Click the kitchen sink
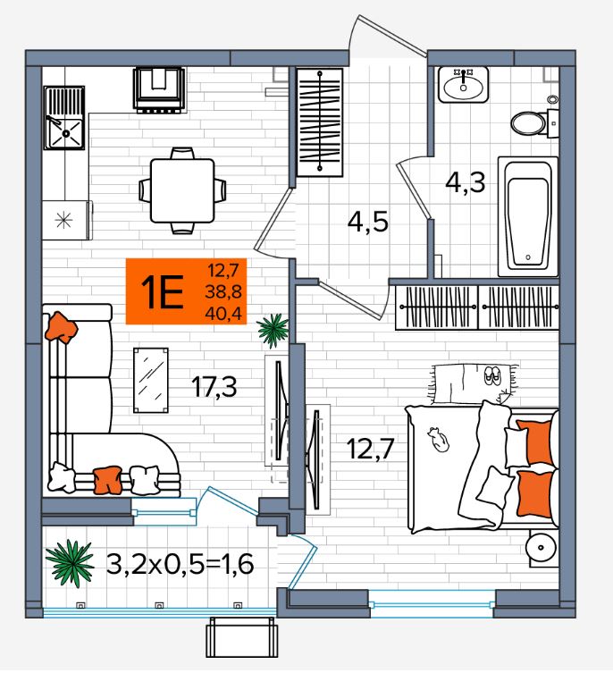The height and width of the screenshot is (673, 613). click(64, 118)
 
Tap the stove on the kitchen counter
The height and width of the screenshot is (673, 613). click(159, 89)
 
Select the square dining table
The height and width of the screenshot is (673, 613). click(182, 190)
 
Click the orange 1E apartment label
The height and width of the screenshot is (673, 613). click(186, 291)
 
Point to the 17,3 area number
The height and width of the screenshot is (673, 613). click(214, 387)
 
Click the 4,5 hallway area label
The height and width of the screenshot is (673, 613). click(368, 223)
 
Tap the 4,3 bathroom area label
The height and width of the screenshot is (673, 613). click(466, 182)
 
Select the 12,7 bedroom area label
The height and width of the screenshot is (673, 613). click(370, 449)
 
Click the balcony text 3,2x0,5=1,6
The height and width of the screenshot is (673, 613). click(180, 564)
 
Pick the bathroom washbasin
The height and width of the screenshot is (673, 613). click(463, 85)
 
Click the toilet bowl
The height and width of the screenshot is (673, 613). click(535, 123)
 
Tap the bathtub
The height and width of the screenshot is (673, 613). click(528, 217)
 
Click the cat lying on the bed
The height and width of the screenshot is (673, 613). click(438, 440)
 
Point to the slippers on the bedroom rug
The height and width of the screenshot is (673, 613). click(492, 376)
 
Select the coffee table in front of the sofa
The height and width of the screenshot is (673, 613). click(151, 380)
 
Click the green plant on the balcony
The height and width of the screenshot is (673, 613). click(70, 563)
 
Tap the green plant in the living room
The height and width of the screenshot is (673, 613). click(273, 330)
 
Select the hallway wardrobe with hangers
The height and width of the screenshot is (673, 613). click(320, 122)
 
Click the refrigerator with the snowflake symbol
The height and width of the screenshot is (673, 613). click(66, 220)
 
